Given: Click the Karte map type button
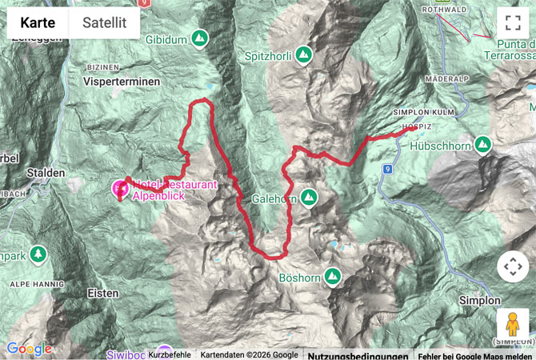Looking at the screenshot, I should click(38, 23).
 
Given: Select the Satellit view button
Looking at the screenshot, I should click(104, 23).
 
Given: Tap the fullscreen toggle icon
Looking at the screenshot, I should click(513, 23).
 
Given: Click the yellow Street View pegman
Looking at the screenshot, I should click(513, 323).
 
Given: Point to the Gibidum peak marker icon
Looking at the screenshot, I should click(198, 38).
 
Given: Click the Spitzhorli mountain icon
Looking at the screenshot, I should click(303, 54).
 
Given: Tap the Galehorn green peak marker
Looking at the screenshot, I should click(308, 197).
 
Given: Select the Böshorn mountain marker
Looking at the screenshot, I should click(332, 277).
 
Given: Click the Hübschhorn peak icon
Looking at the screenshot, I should click(482, 144).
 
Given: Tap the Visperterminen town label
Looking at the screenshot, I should click(121, 82).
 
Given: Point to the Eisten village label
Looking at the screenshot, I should click(102, 293).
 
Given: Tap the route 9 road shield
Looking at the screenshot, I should click(387, 169).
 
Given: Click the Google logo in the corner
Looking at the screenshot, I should click(30, 349).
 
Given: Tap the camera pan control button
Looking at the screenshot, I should click(513, 266).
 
